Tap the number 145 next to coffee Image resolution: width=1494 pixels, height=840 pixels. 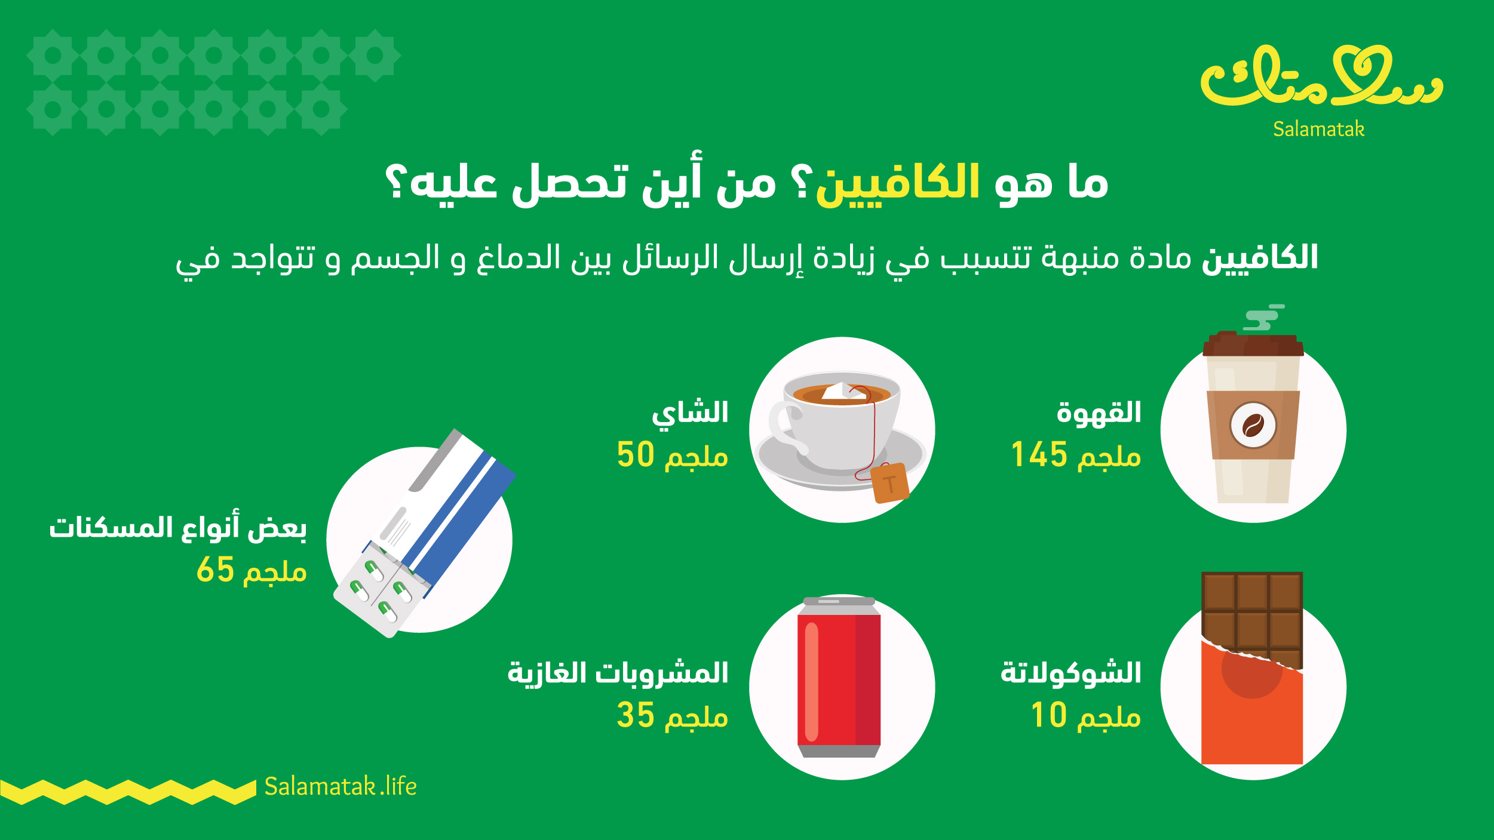pyautogui.click(x=1039, y=454)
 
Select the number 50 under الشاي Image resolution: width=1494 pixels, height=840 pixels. pyautogui.click(x=636, y=454)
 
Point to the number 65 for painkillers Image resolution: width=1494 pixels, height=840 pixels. pyautogui.click(x=215, y=569)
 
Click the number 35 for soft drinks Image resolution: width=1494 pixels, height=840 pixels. pyautogui.click(x=636, y=715)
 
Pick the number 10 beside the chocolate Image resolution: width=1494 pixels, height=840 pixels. pyautogui.click(x=1049, y=715)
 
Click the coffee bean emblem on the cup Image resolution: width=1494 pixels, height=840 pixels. pyautogui.click(x=1253, y=425)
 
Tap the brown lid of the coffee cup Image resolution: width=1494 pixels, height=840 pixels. pyautogui.click(x=1253, y=344)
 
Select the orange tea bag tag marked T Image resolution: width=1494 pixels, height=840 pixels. pyautogui.click(x=889, y=483)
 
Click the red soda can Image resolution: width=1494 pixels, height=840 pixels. pyautogui.click(x=839, y=677)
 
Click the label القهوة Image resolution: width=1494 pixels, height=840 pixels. pyautogui.click(x=1099, y=413)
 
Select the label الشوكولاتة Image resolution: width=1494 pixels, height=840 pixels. pyautogui.click(x=1071, y=672)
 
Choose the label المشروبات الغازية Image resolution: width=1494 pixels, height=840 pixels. pyautogui.click(x=618, y=673)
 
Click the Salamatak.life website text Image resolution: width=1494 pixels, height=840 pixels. pyautogui.click(x=340, y=786)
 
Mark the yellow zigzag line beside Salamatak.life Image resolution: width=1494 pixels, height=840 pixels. pyautogui.click(x=128, y=792)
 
